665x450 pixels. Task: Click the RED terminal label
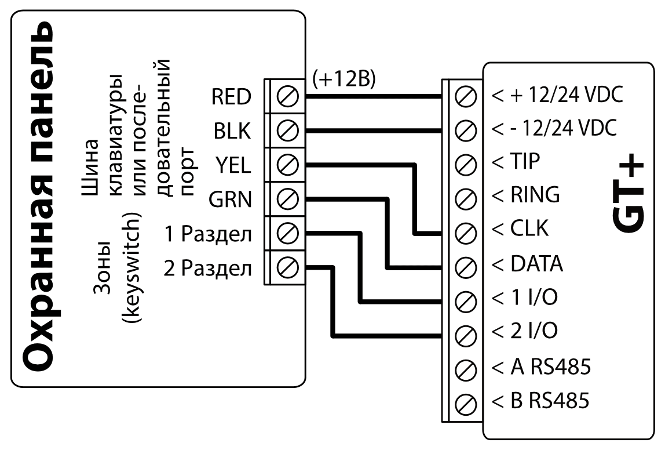coord(231,97)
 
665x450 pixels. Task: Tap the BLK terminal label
coord(232,132)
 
